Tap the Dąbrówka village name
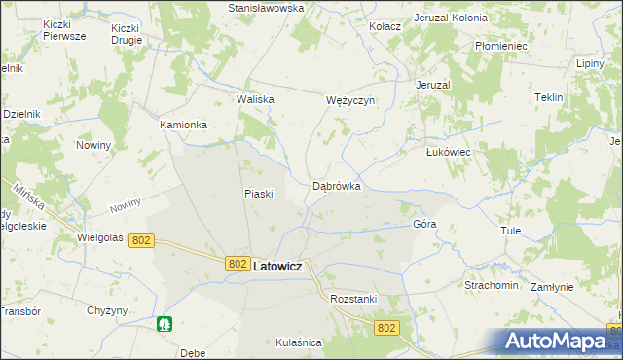(x=337, y=185)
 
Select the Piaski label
(x=258, y=194)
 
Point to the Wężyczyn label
(x=350, y=100)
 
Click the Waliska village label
(x=256, y=99)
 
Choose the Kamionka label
(x=184, y=126)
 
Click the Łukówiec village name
(x=449, y=153)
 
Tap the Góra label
(x=424, y=224)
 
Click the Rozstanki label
(x=353, y=299)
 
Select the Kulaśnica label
(x=298, y=342)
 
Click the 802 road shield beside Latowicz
(x=238, y=264)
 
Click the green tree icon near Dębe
(x=165, y=324)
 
